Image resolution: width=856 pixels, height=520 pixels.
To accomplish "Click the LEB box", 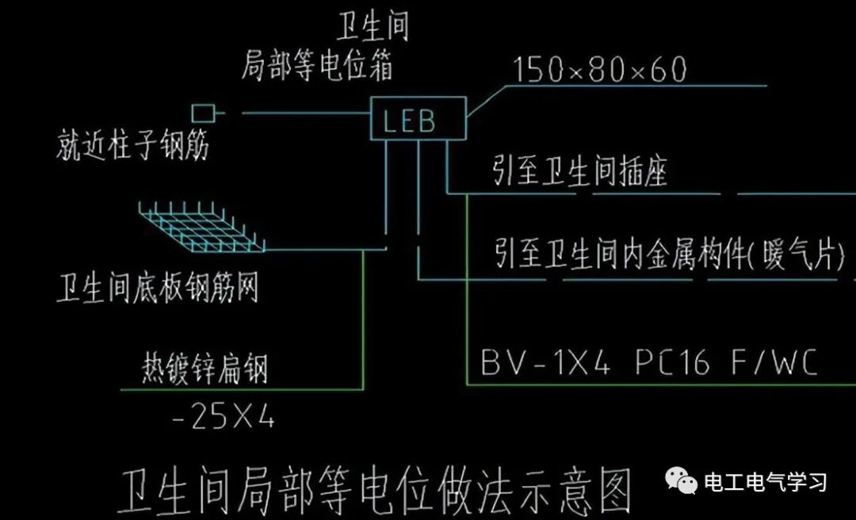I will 418,120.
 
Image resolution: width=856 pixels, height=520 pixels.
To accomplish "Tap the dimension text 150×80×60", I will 599,70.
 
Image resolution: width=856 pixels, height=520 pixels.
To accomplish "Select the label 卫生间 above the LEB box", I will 373,29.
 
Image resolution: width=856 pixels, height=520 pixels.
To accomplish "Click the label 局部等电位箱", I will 317,68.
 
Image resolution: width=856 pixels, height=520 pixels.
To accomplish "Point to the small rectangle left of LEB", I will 203,113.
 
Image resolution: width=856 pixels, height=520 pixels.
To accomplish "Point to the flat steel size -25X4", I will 223,418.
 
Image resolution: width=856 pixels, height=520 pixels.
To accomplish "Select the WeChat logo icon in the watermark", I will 681,480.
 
